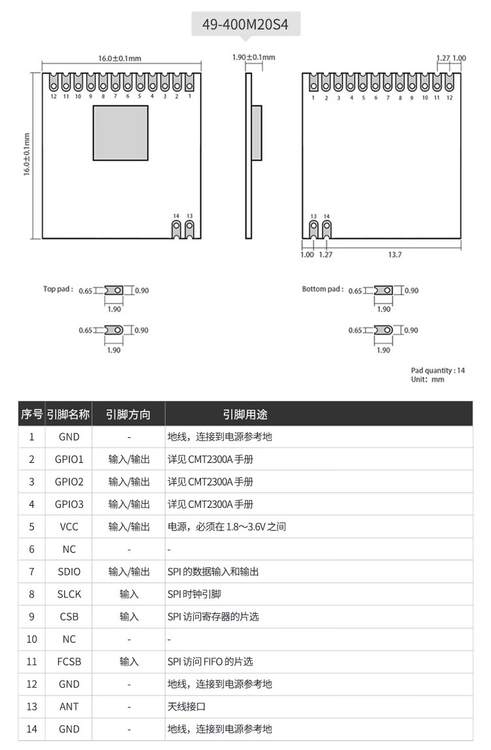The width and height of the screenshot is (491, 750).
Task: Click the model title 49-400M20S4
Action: pyautogui.click(x=245, y=26)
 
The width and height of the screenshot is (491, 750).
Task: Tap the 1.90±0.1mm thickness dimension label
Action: pyautogui.click(x=254, y=58)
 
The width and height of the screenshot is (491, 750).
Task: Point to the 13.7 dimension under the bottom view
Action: pyautogui.click(x=395, y=255)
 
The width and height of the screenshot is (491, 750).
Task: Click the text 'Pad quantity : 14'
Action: pyautogui.click(x=438, y=370)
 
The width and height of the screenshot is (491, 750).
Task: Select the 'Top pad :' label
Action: pyautogui.click(x=59, y=289)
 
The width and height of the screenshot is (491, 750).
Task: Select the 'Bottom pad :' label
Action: pyautogui.click(x=322, y=289)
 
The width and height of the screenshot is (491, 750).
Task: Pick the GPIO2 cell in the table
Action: pyautogui.click(x=69, y=482)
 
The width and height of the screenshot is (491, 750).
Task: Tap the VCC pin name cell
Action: pyautogui.click(x=69, y=527)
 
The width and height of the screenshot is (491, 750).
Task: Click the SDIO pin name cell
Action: pyautogui.click(x=69, y=571)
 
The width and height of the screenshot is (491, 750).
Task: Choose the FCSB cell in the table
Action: pyautogui.click(x=69, y=662)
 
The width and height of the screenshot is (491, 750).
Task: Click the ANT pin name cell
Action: pyautogui.click(x=69, y=707)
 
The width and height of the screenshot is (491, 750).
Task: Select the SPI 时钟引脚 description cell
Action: pyautogui.click(x=196, y=594)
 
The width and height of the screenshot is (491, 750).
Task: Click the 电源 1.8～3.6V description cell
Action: pyautogui.click(x=227, y=527)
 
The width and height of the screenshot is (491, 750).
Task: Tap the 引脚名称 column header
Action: pyautogui.click(x=68, y=414)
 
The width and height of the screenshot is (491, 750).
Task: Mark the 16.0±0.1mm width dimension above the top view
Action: pyautogui.click(x=120, y=58)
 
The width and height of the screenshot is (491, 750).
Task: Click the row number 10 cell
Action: pyautogui.click(x=31, y=639)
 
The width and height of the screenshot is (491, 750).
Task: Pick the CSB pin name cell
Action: pyautogui.click(x=69, y=616)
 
